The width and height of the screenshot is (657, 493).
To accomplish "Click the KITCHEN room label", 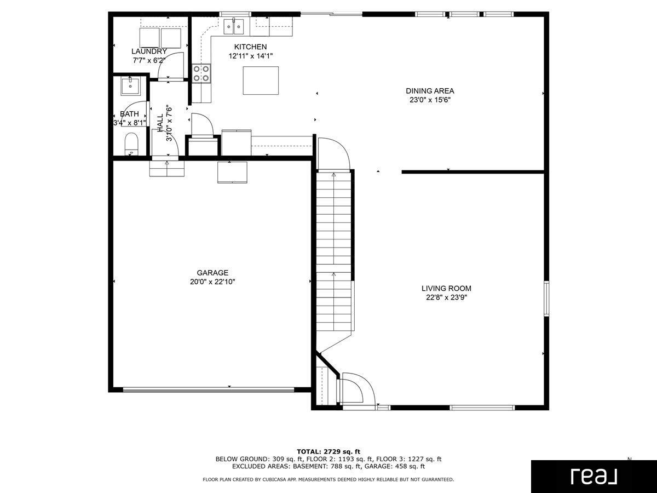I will pos(250,47).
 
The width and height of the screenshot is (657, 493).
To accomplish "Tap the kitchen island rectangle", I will pos(261,81).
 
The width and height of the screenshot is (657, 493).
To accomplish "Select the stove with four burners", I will pos(201,73).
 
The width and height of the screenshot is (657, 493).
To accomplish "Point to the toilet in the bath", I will pos(131,144).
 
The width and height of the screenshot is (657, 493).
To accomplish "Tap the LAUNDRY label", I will pos(149,51).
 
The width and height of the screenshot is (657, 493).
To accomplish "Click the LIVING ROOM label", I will pos(446,288).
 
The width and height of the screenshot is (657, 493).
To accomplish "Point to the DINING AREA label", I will pos(430,91).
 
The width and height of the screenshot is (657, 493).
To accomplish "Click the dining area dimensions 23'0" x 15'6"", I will pos(430,100).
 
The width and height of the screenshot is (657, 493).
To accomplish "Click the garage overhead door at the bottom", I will pos(209,390).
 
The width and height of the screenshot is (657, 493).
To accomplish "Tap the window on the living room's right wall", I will pos(546,299).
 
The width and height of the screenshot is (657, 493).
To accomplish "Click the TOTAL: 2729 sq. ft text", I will pos(328,451).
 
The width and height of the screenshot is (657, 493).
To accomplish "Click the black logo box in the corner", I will pos(593,476).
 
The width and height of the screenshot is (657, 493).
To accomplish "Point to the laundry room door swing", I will pos(169,66).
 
